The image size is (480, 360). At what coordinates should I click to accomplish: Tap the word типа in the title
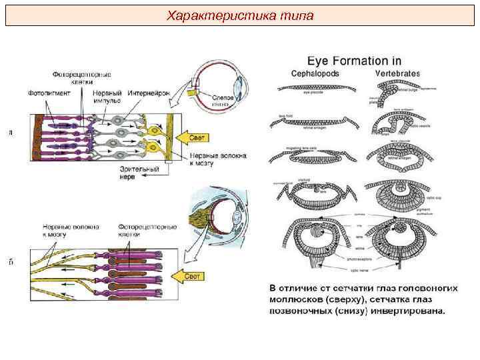[x=294, y=15]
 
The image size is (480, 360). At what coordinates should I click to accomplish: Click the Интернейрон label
[x=149, y=92]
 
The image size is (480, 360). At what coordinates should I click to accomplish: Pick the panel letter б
[x=11, y=262]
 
